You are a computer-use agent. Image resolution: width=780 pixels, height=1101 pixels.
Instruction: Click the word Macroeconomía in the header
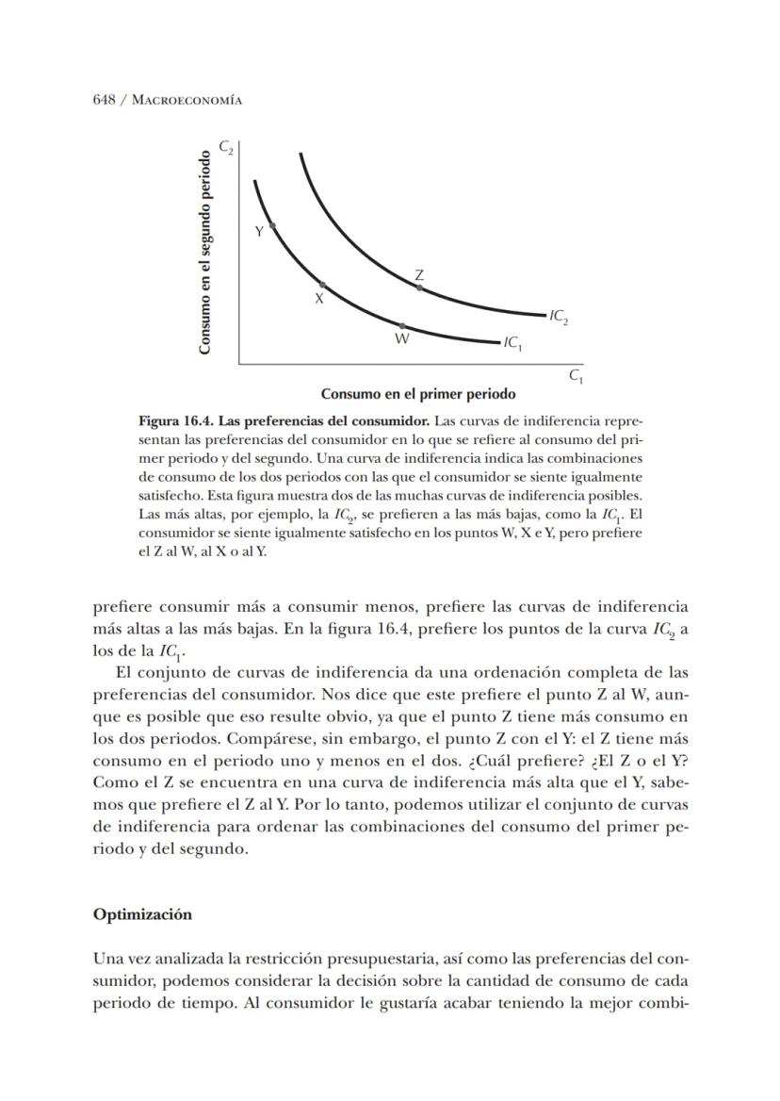pyautogui.click(x=182, y=100)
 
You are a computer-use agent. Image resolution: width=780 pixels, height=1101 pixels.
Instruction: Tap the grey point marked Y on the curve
pyautogui.click(x=272, y=225)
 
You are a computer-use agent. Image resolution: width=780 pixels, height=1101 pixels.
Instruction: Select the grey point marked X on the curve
pyautogui.click(x=322, y=284)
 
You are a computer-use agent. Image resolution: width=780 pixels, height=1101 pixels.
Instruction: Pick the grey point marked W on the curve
pyautogui.click(x=402, y=325)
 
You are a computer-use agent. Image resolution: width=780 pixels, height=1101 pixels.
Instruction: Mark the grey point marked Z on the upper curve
pyautogui.click(x=419, y=288)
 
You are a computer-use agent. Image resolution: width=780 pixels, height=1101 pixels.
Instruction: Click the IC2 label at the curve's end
pyautogui.click(x=559, y=317)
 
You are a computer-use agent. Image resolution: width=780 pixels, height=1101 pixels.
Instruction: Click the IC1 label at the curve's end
pyautogui.click(x=513, y=344)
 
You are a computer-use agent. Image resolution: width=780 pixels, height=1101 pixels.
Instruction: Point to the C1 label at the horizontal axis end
pyautogui.click(x=576, y=375)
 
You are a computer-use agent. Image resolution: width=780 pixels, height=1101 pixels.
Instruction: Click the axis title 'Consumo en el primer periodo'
pyautogui.click(x=418, y=393)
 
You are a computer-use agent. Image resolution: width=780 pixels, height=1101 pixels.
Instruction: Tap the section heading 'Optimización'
pyautogui.click(x=141, y=914)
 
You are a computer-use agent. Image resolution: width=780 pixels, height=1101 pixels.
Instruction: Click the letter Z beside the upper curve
pyautogui.click(x=419, y=274)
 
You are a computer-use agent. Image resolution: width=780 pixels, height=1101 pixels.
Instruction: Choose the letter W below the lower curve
pyautogui.click(x=401, y=338)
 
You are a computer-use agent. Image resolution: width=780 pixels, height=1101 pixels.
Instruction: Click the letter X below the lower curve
pyautogui.click(x=318, y=298)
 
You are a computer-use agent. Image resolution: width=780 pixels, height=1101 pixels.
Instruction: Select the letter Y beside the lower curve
pyautogui.click(x=259, y=231)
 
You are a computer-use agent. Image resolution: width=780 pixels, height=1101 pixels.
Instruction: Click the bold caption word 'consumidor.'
pyautogui.click(x=397, y=419)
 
